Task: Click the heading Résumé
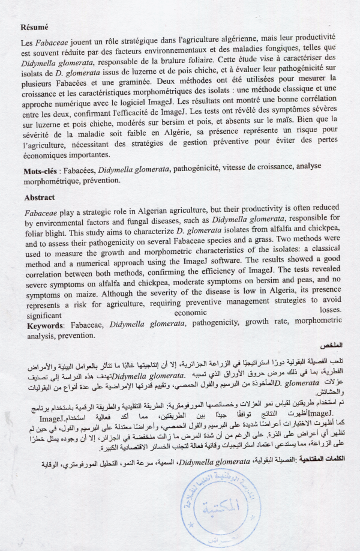point(34,27)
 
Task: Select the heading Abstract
point(39,197)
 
